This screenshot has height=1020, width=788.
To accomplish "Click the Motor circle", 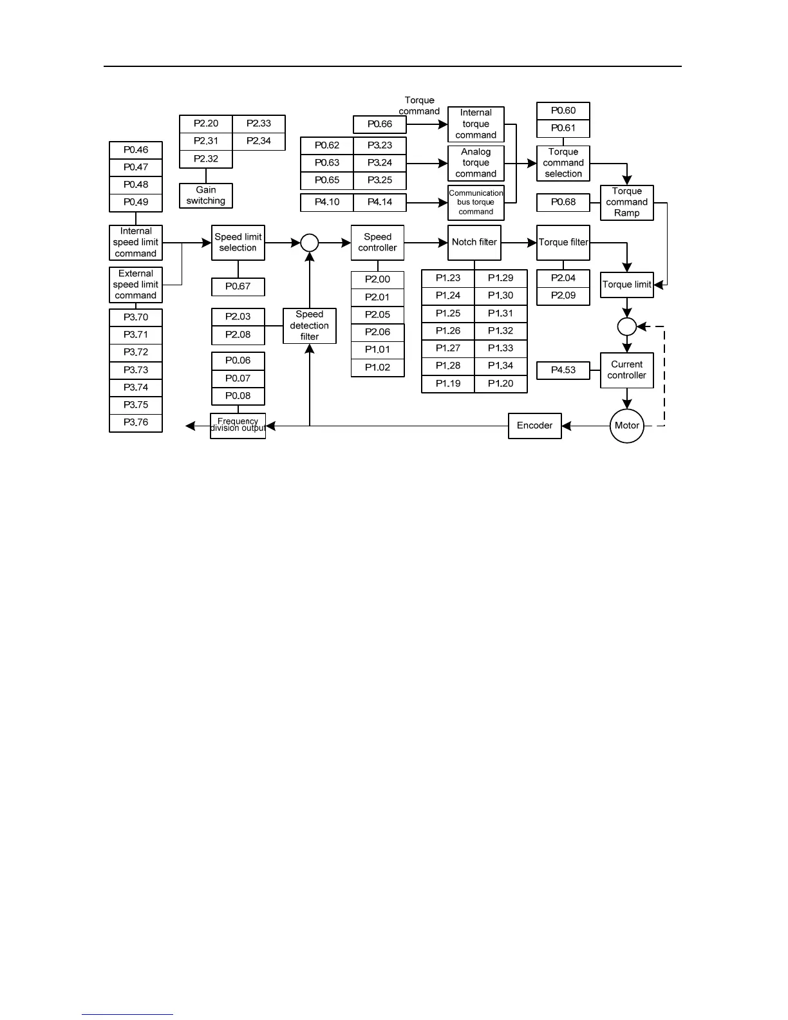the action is tap(626, 426).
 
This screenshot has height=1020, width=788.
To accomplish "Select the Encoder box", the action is tap(534, 426).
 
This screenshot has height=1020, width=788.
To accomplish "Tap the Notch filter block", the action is tap(474, 243).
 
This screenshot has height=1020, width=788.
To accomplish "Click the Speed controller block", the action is tap(377, 243).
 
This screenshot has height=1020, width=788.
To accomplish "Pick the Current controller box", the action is tap(626, 370).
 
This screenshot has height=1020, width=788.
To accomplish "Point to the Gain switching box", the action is tap(205, 196).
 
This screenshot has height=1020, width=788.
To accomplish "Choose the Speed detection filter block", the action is tap(309, 326).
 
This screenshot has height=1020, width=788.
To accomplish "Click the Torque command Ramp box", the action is tap(626, 203).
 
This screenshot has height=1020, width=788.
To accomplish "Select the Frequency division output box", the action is tap(238, 426).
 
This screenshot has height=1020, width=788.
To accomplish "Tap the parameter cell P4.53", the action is tap(563, 370).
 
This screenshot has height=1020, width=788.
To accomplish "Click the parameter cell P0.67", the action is tap(238, 287).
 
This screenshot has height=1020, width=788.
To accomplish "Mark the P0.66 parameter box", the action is tap(380, 124).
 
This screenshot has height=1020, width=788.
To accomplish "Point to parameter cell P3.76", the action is tap(136, 422).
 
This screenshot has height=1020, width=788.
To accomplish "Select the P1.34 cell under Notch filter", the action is tap(500, 366).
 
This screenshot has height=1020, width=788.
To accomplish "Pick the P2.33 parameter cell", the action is tap(258, 124).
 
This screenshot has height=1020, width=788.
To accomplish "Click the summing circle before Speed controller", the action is tap(310, 243).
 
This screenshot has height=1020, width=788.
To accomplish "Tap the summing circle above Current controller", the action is tap(626, 326).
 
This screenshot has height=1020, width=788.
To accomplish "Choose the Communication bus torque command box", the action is tap(476, 203).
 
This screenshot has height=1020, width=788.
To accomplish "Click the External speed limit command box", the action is tap(136, 285).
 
